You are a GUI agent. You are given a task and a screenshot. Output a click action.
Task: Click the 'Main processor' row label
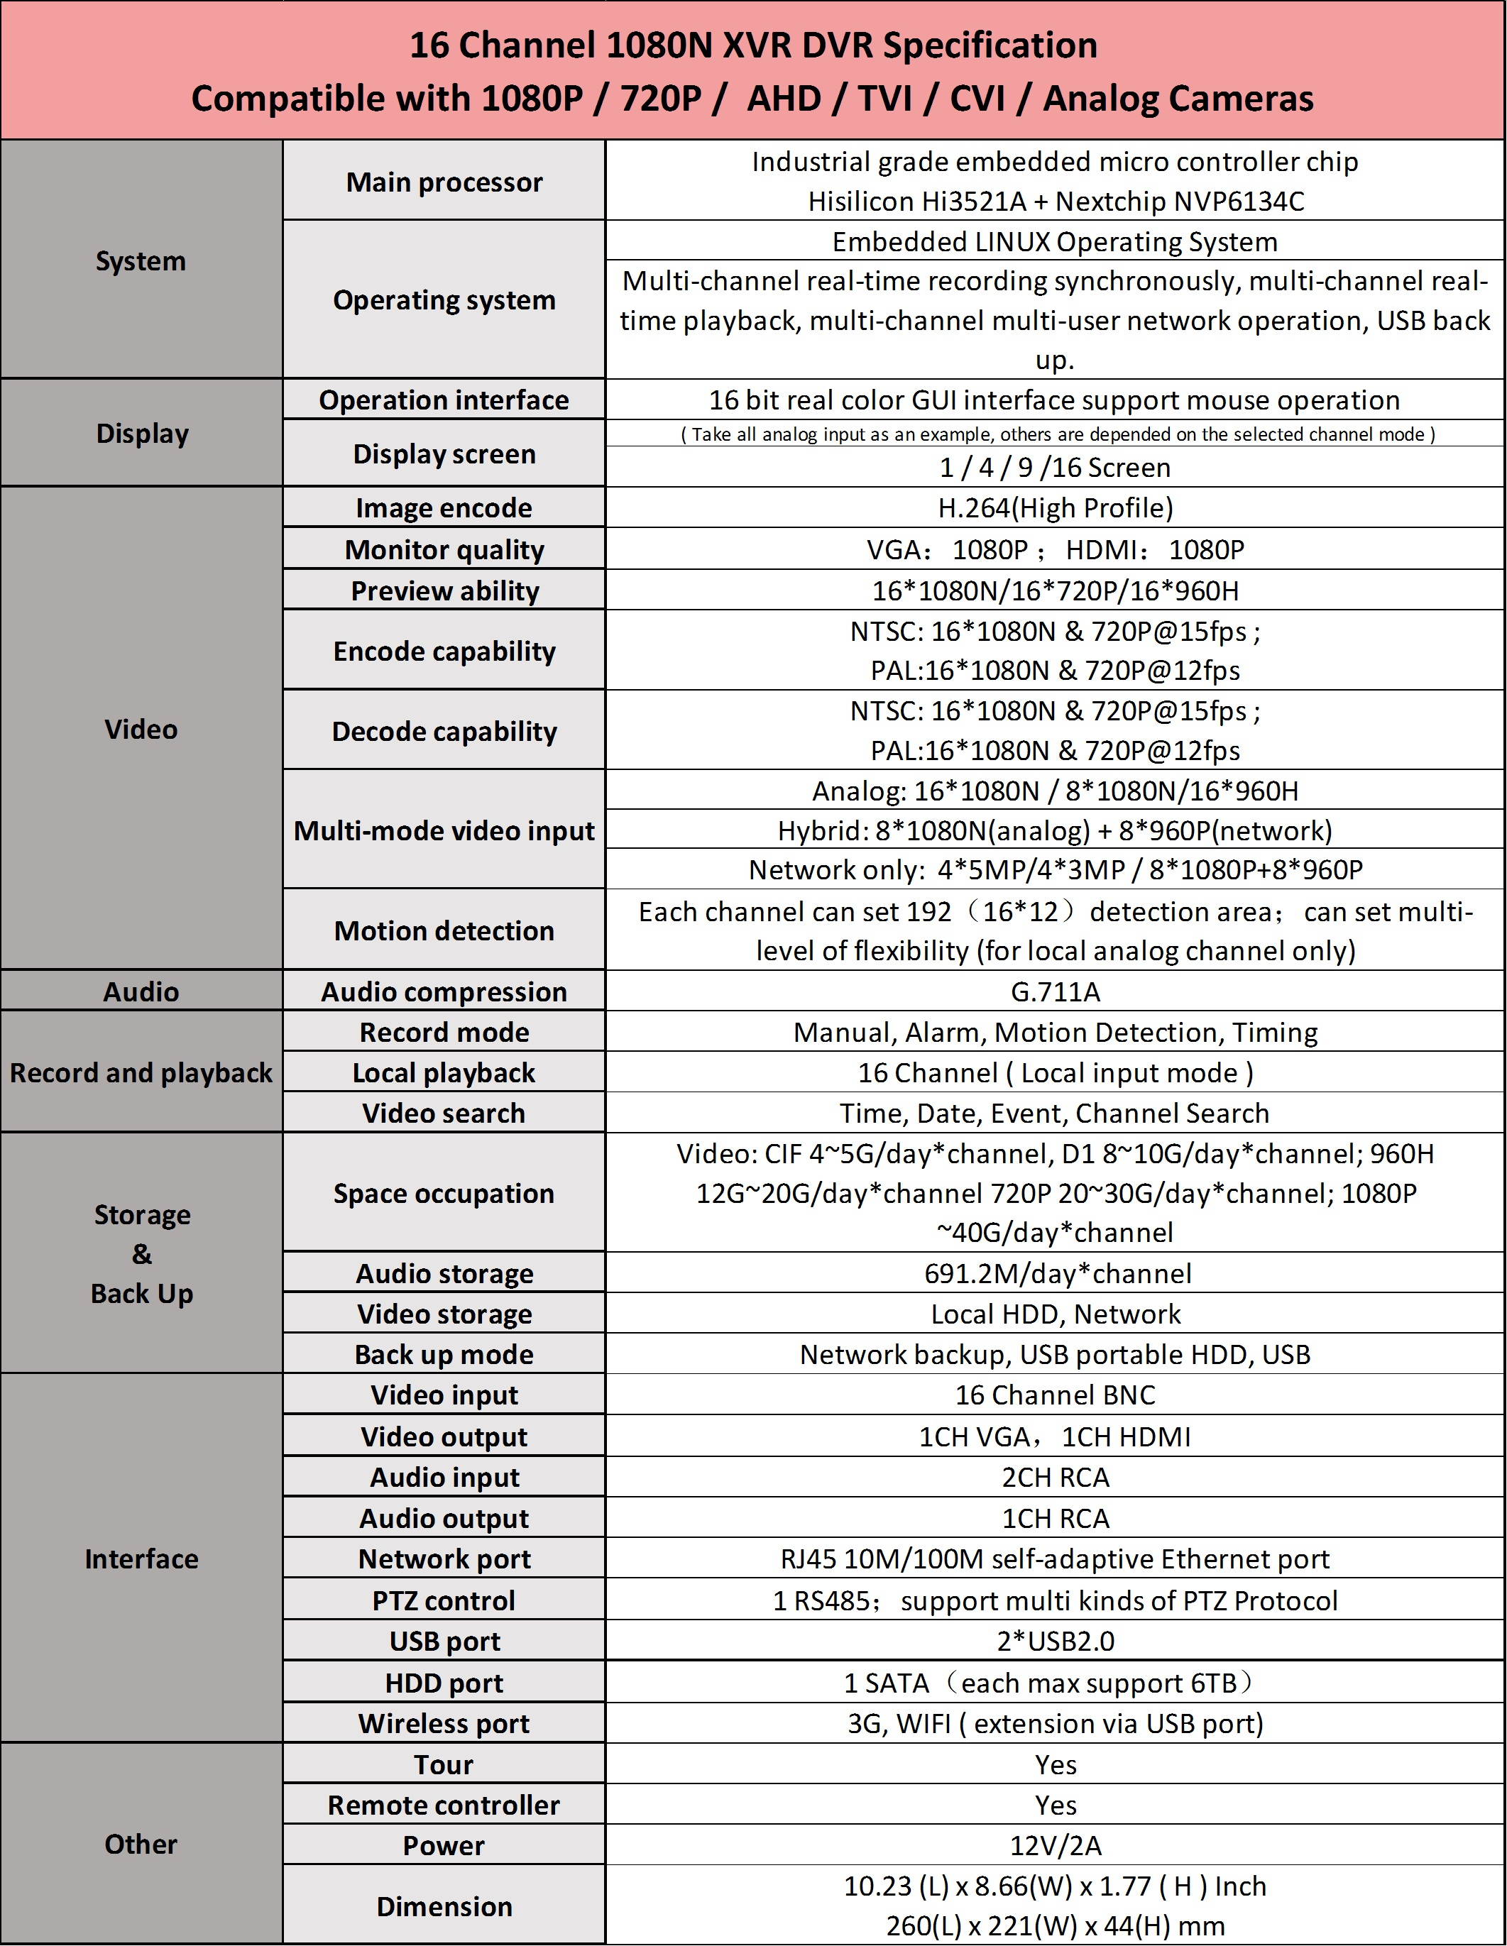coord(444,182)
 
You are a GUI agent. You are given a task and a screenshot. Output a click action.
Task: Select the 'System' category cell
coord(141,261)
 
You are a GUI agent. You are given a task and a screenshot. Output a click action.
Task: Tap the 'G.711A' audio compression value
coord(1054,991)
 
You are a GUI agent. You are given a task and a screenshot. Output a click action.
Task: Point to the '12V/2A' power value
coord(1054,1845)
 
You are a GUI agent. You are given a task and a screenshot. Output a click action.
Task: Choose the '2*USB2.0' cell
coord(1054,1640)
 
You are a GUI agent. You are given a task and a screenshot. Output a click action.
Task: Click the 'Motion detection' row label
coord(444,930)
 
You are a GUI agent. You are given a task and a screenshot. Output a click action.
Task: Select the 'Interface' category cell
coord(141,1559)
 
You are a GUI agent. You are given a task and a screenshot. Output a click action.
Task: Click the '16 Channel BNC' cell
coord(1054,1395)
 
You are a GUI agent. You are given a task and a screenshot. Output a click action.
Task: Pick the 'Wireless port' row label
coord(444,1723)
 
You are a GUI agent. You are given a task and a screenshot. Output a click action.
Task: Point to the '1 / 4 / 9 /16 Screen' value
coord(1054,467)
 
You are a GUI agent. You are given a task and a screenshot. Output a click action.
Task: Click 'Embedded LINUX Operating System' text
coord(1054,241)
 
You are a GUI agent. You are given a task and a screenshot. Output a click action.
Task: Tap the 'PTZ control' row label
coord(444,1600)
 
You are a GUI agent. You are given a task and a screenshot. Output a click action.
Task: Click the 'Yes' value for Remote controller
coord(1054,1804)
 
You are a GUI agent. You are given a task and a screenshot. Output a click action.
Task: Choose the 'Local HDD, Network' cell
coord(1054,1314)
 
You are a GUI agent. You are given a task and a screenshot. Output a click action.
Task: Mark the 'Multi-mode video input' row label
coord(444,830)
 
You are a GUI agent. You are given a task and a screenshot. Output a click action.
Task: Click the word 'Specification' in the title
coord(990,45)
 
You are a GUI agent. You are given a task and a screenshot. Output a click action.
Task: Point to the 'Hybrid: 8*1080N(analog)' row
coord(1054,830)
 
